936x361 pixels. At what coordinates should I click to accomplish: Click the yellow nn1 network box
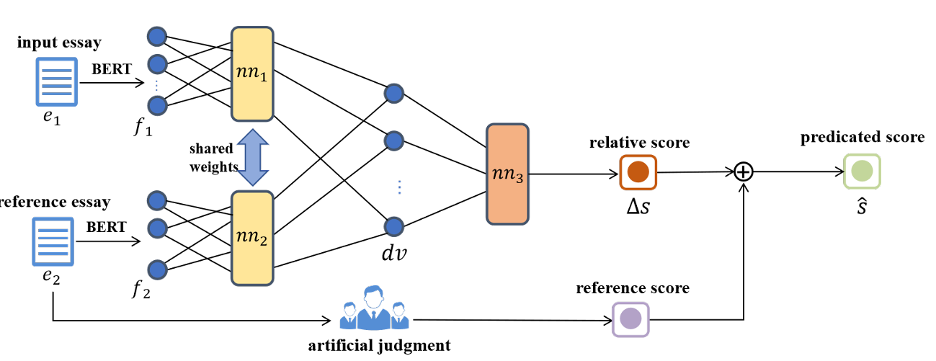tap(251, 74)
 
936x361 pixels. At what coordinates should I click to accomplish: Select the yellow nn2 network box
tap(251, 238)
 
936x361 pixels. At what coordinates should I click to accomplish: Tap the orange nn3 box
tap(507, 174)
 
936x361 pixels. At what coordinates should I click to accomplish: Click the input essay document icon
tap(56, 81)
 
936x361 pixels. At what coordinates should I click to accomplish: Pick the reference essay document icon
tap(53, 241)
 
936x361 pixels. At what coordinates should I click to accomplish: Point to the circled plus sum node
tap(744, 171)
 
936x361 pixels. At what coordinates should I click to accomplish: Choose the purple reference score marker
tap(630, 318)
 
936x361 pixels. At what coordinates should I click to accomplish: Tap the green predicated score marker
tap(862, 171)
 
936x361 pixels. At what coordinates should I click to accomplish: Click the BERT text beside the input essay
tap(112, 69)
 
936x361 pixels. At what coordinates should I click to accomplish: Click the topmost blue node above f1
tap(156, 35)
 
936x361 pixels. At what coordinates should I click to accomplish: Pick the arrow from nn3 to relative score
tap(574, 174)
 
